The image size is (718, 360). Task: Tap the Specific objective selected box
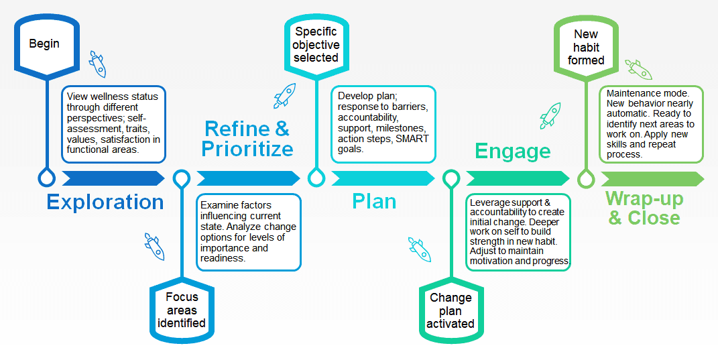316,44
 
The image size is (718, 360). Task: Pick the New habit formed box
586,46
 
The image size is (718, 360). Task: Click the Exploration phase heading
105,202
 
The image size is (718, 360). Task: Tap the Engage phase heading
513,151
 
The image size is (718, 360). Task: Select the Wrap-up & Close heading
644,208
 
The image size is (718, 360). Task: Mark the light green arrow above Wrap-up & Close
652,178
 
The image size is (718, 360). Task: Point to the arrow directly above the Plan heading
382,178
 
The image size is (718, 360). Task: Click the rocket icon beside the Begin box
97,65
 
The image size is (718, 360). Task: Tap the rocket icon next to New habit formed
638,69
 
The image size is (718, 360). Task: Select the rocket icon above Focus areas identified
154,246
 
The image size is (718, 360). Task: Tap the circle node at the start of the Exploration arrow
46,178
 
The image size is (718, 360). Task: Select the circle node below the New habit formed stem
586,178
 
